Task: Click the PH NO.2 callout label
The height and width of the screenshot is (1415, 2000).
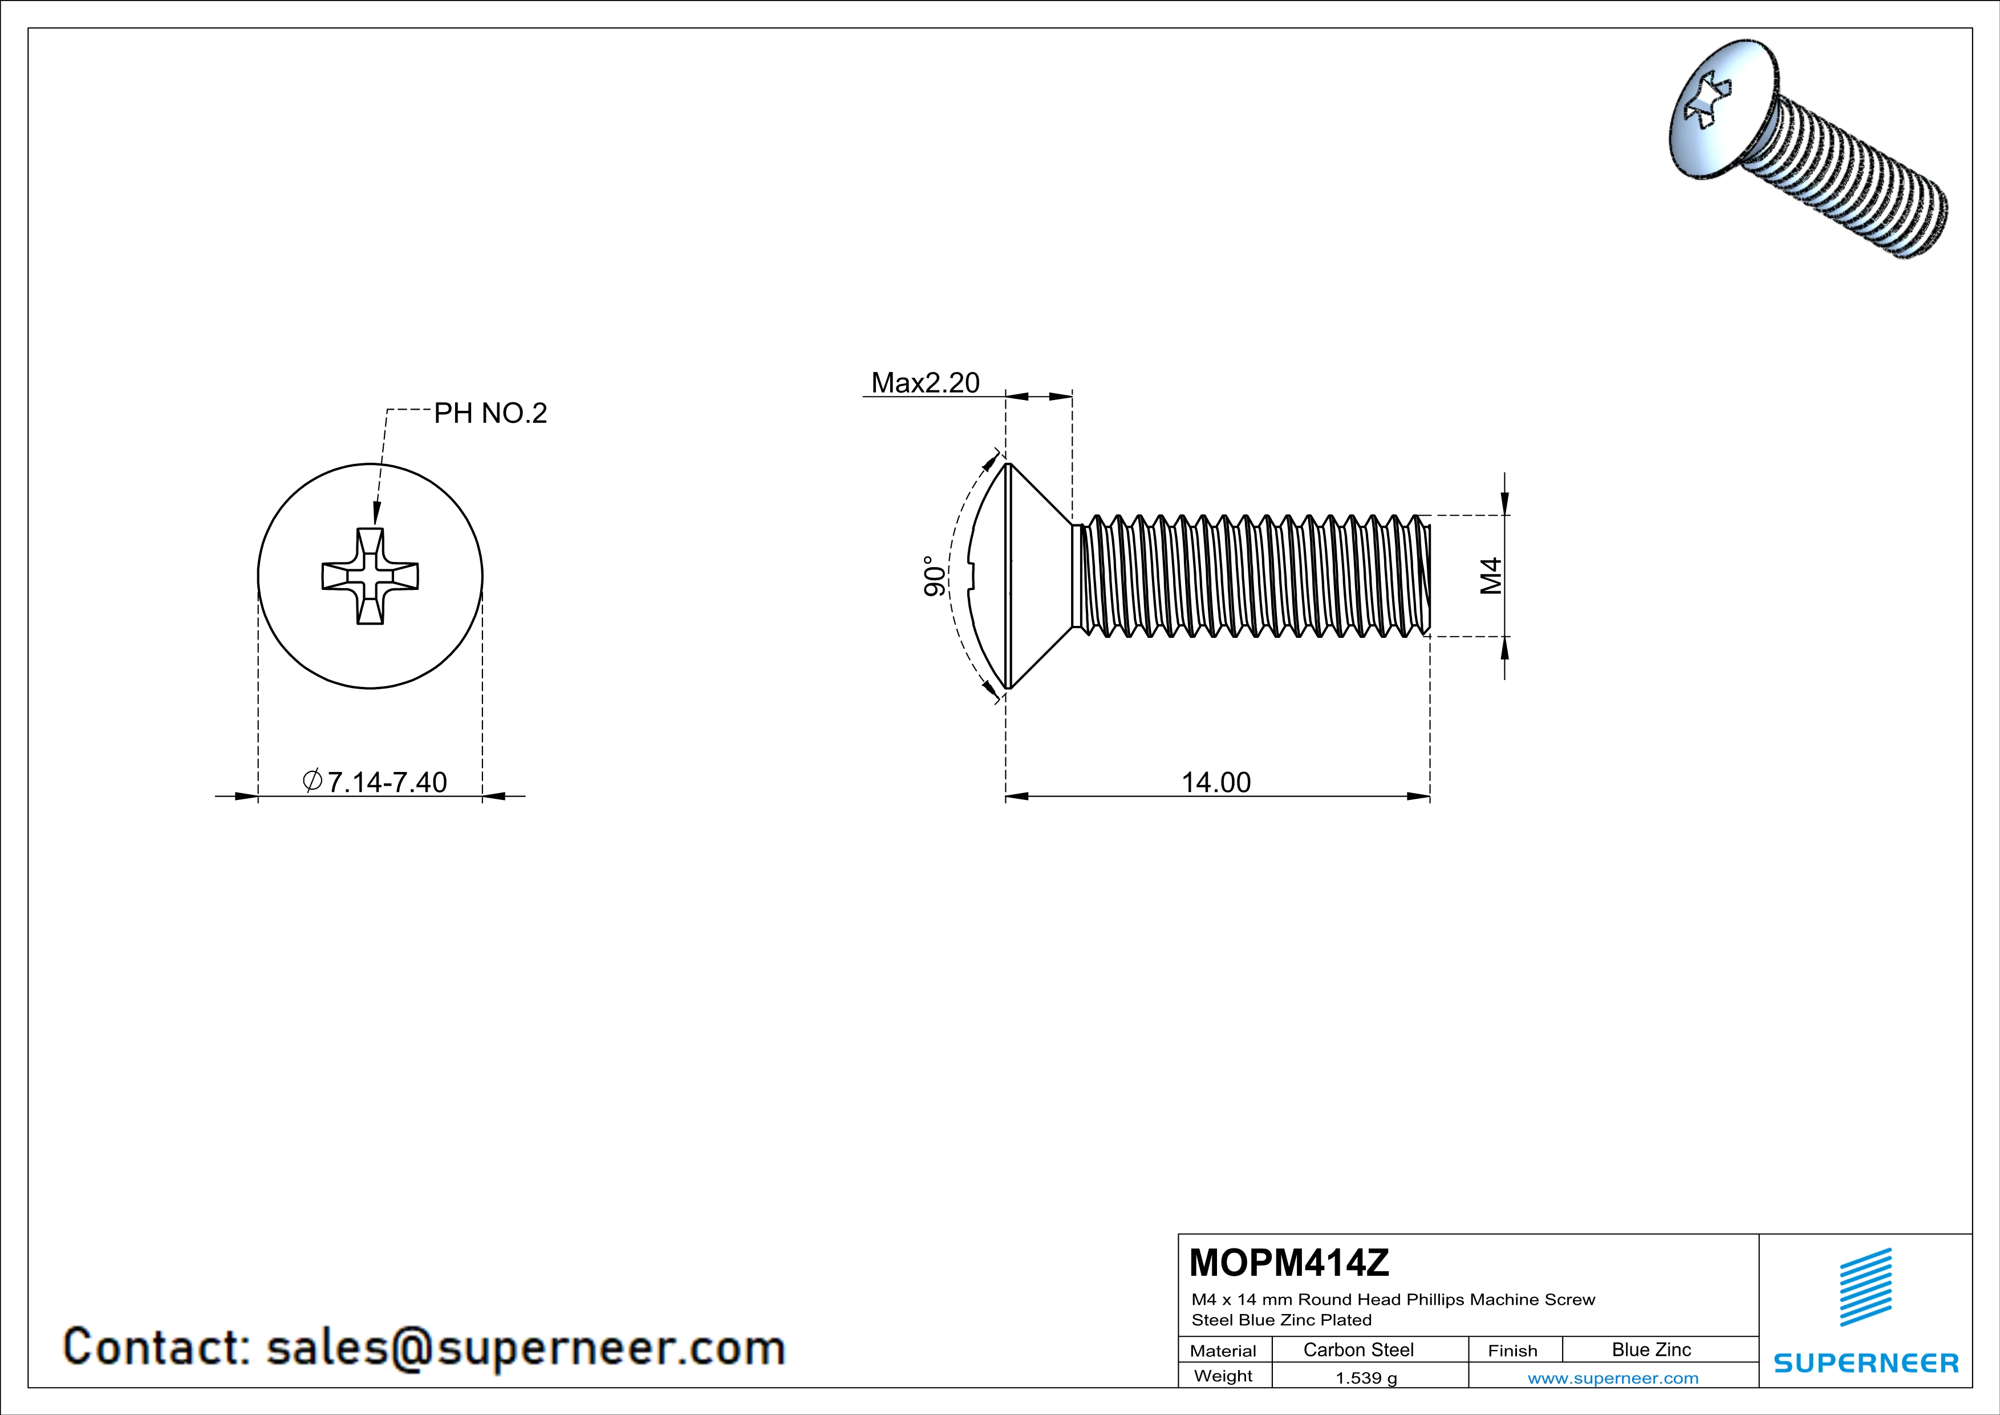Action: click(490, 413)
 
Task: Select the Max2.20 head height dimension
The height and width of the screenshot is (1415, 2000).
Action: click(925, 382)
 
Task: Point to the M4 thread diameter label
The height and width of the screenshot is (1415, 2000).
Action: click(1491, 576)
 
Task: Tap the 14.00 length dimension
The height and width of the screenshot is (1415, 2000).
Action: click(1216, 782)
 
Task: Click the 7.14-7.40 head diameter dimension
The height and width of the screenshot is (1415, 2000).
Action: click(387, 782)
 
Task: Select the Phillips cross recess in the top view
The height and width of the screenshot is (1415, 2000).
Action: click(370, 576)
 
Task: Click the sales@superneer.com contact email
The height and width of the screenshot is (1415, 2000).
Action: click(525, 1347)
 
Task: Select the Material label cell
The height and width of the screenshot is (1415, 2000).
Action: click(1223, 1351)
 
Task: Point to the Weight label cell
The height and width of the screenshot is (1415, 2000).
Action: click(1223, 1376)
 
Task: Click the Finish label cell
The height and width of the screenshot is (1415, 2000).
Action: click(1512, 1351)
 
